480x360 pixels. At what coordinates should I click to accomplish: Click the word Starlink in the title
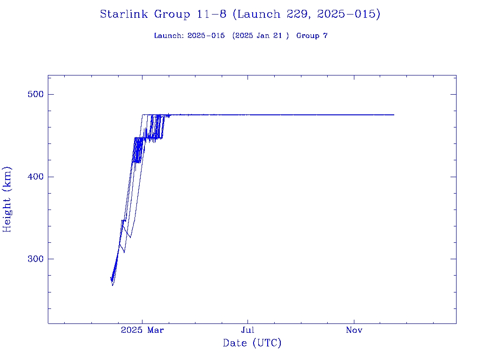[123, 15]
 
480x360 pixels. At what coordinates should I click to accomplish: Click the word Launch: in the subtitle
[169, 36]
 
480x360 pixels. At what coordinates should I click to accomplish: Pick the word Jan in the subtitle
[264, 36]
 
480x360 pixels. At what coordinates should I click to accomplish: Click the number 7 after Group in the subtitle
[325, 36]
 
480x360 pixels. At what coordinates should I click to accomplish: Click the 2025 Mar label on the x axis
[142, 330]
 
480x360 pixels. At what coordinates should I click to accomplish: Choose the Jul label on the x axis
[248, 330]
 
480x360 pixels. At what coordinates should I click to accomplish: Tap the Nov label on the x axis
[354, 330]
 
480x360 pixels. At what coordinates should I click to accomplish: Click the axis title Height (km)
[7, 199]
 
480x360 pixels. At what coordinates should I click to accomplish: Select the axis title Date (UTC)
[252, 344]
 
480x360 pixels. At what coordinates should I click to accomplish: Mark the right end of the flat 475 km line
[394, 115]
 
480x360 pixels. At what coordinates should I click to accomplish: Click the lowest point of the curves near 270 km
[112, 285]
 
